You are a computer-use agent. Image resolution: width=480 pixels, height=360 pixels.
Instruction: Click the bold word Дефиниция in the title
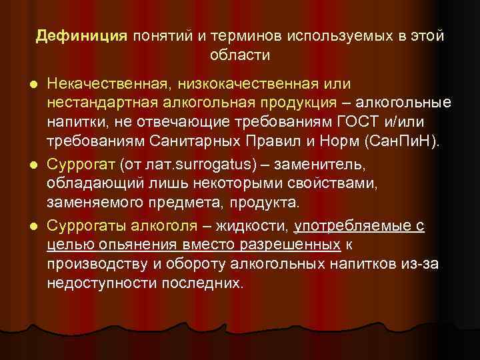(81, 36)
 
